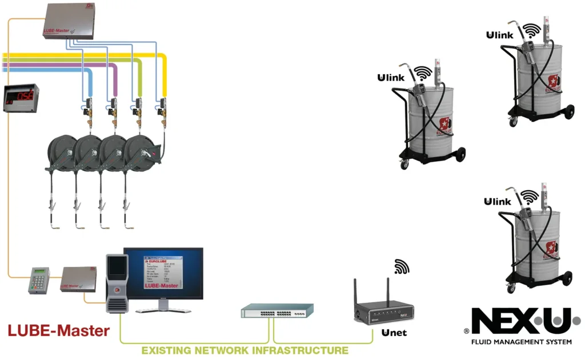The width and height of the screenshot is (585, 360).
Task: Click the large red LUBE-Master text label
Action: pyautogui.click(x=58, y=330)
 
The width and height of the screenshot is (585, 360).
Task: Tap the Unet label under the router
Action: pyautogui.click(x=394, y=332)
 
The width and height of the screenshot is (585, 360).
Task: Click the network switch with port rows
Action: pyautogui.click(x=277, y=311)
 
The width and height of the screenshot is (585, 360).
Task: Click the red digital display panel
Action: pyautogui.click(x=21, y=97)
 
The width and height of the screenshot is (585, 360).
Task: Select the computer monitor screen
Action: pyautogui.click(x=164, y=273)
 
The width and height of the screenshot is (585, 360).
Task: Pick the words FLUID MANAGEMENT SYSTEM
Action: pyautogui.click(x=521, y=342)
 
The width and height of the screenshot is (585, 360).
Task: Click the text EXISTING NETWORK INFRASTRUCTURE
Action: pyautogui.click(x=245, y=350)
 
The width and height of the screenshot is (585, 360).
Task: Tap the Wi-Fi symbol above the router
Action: pyautogui.click(x=402, y=266)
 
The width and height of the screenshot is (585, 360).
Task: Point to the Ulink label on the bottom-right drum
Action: pyautogui.click(x=497, y=201)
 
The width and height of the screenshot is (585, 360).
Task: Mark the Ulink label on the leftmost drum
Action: pyautogui.click(x=391, y=78)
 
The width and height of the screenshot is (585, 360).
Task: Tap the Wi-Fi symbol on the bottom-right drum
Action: pyautogui.click(x=530, y=197)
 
